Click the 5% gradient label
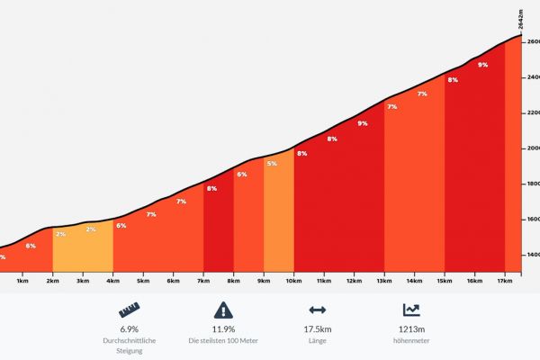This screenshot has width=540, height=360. (x=271, y=163)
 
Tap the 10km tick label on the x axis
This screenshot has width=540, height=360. (x=293, y=281)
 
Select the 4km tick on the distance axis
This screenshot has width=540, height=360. (x=112, y=281)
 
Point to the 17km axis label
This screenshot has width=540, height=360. (x=504, y=281)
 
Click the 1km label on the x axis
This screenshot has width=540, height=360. (x=22, y=281)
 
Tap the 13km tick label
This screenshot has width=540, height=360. (x=383, y=281)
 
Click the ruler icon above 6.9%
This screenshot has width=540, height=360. (x=130, y=310)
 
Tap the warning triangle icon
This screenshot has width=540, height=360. (x=223, y=310)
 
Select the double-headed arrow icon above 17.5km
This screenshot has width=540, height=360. (x=318, y=310)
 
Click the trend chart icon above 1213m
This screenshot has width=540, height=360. (x=411, y=310)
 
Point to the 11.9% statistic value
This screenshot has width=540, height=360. (x=223, y=329)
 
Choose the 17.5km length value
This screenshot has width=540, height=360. (x=318, y=329)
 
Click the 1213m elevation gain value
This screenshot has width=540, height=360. (x=411, y=329)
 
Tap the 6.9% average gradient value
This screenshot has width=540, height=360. (x=130, y=329)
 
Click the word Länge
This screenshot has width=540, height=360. (x=318, y=342)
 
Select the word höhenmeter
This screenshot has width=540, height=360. (x=411, y=342)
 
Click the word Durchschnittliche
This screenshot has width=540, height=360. (x=130, y=342)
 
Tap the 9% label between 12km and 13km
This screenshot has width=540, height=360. (x=362, y=123)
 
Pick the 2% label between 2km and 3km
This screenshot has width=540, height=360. (x=60, y=234)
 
